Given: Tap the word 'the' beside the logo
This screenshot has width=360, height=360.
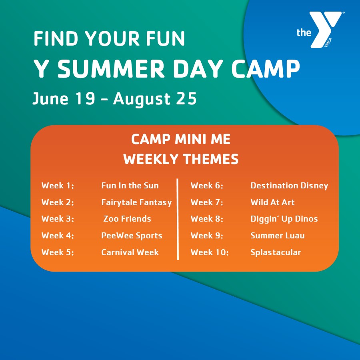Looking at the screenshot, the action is [x=304, y=33].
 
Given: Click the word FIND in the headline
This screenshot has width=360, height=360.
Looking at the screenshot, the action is [x=56, y=38].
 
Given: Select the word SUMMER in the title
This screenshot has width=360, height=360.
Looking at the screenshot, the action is [x=111, y=69].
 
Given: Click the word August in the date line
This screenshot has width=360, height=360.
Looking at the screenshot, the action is [x=142, y=100].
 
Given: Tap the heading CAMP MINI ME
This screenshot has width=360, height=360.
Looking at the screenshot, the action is [x=181, y=139].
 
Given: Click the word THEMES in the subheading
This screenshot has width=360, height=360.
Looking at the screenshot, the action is [x=210, y=159].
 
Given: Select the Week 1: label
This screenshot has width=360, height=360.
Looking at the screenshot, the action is [x=58, y=186].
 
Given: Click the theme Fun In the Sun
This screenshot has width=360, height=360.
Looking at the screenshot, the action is [x=130, y=186].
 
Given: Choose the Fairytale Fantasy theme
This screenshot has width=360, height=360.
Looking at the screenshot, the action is [x=137, y=202].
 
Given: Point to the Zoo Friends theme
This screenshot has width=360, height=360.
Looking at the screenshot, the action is [x=127, y=219].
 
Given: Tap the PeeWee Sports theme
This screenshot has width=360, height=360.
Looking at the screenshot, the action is [x=132, y=236].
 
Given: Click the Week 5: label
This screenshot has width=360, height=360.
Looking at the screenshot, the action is [x=58, y=252].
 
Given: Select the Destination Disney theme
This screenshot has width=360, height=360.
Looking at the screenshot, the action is [x=289, y=186].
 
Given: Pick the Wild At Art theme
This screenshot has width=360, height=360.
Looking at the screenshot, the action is [x=272, y=202].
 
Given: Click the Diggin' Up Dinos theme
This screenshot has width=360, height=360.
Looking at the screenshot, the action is [x=284, y=219].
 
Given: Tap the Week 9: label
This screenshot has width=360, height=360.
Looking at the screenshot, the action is [x=207, y=236].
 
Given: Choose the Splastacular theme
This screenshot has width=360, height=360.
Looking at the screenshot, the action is [x=276, y=252].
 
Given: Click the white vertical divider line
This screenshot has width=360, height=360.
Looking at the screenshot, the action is [x=178, y=219].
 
